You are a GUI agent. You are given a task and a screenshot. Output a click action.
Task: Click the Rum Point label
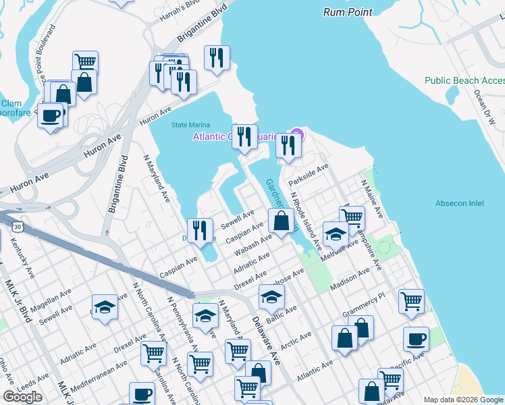(348, 12)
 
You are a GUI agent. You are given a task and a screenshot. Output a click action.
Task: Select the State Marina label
(190, 125)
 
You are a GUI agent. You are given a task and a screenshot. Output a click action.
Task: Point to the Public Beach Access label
(464, 80)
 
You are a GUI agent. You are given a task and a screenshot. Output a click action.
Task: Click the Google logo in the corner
(22, 397)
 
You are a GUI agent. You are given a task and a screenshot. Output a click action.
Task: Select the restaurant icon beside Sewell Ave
(200, 231)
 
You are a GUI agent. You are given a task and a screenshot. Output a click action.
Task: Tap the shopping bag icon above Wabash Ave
(281, 220)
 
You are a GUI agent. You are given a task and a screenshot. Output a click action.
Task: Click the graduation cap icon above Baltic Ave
(271, 297)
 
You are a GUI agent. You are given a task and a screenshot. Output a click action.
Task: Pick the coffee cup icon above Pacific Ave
(416, 340)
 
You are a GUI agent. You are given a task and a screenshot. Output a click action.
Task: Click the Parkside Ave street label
(308, 175)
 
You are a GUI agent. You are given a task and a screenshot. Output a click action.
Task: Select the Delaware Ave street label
(263, 340)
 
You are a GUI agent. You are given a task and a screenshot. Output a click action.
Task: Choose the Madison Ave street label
(350, 280)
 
